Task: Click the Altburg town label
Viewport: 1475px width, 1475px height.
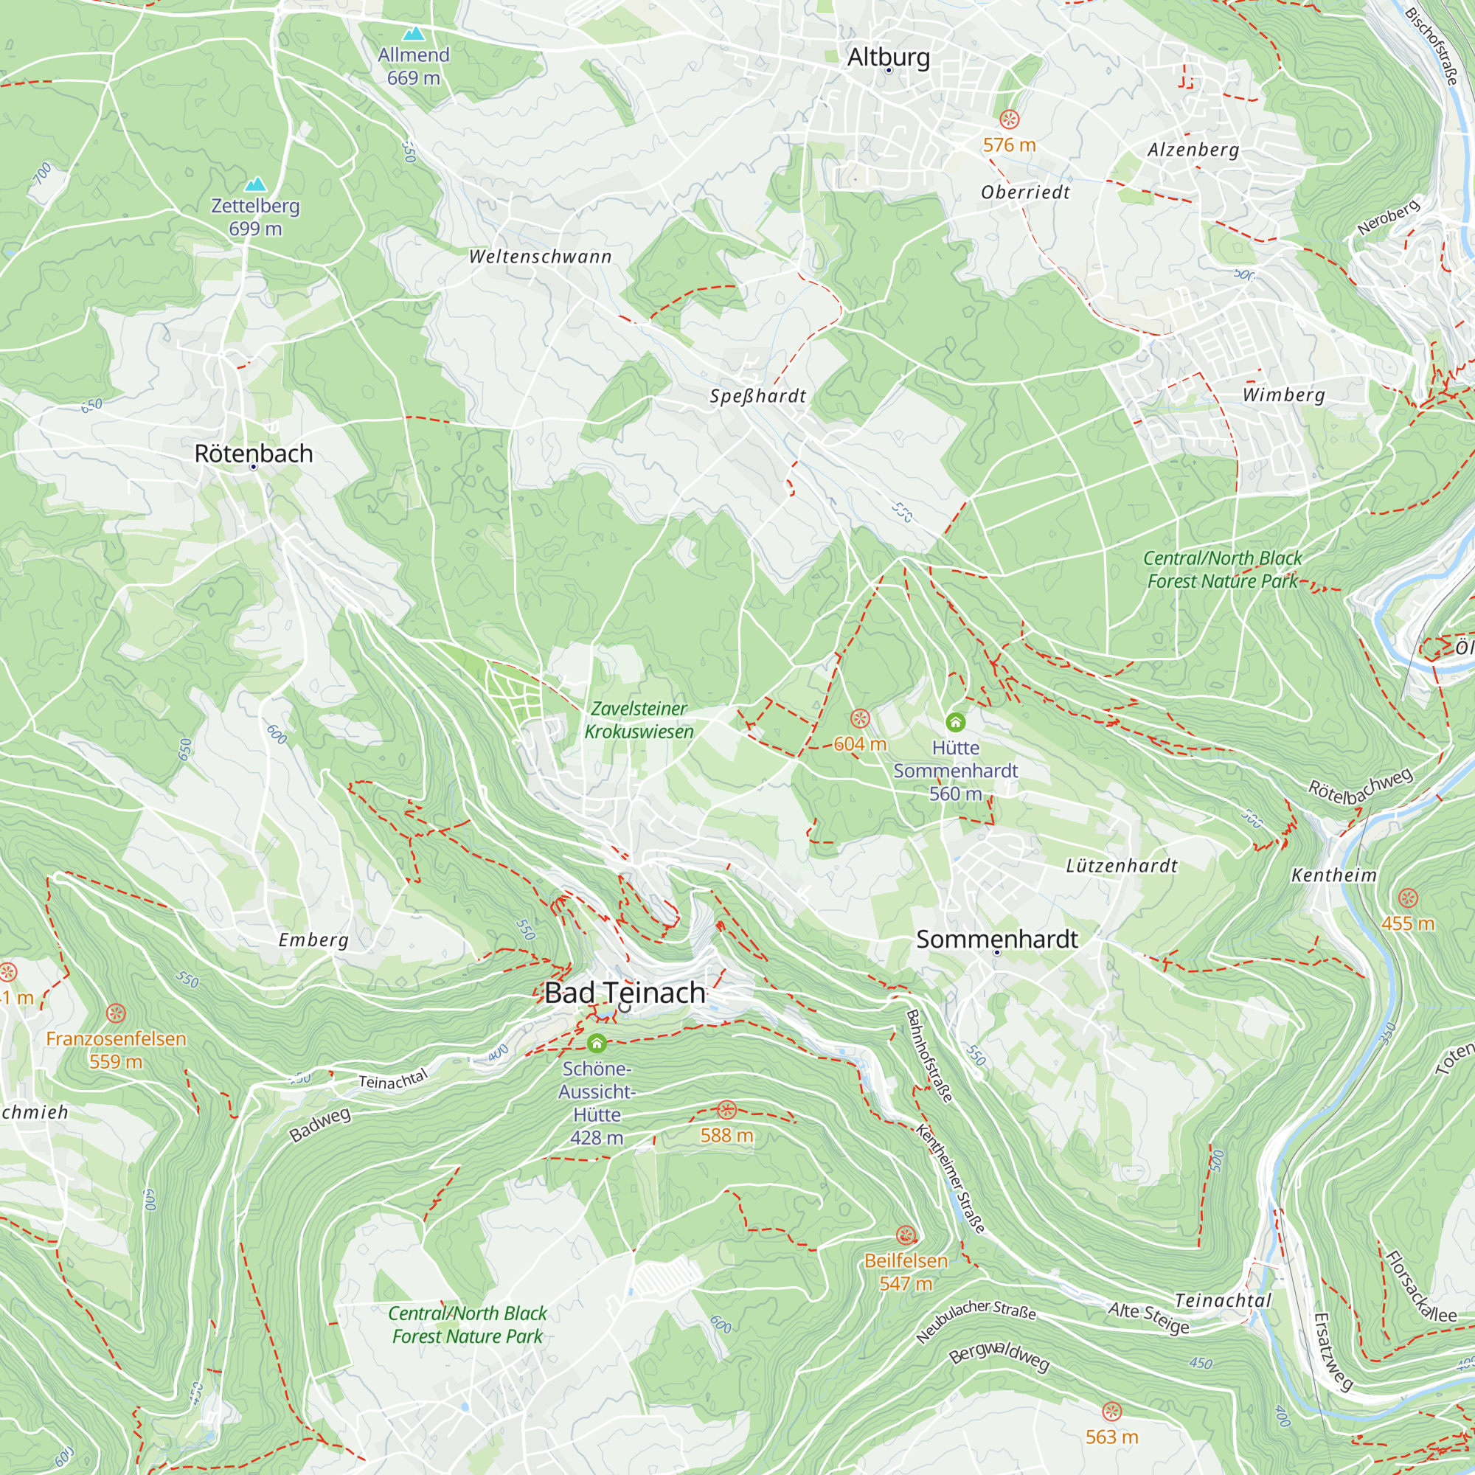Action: (889, 58)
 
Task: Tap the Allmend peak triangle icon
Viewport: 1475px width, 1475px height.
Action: (414, 34)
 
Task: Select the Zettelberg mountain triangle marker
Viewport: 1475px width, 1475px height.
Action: (256, 185)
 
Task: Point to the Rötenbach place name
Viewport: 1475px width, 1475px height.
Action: (254, 454)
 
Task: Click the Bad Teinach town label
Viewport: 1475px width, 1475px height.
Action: (625, 993)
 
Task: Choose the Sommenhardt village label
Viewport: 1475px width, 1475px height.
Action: (997, 939)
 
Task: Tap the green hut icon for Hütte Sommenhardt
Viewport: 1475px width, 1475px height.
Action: (955, 721)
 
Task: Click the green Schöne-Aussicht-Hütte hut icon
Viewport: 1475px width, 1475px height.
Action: (597, 1043)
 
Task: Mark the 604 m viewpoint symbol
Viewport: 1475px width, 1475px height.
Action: (860, 718)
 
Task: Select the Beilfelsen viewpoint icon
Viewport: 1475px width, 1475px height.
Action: (906, 1235)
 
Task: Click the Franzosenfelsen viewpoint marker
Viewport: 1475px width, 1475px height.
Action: (115, 1013)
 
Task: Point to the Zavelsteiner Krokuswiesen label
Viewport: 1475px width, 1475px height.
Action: (639, 720)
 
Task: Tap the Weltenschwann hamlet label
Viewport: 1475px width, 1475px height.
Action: (541, 257)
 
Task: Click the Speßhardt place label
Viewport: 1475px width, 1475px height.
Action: (757, 396)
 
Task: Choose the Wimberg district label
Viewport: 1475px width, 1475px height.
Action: (1283, 395)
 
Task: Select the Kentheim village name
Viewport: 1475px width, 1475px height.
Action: (1333, 875)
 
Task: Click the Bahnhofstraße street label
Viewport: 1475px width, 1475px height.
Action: (929, 1057)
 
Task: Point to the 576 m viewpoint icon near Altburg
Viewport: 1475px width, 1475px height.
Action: (1010, 119)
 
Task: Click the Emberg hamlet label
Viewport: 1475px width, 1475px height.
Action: (313, 940)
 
